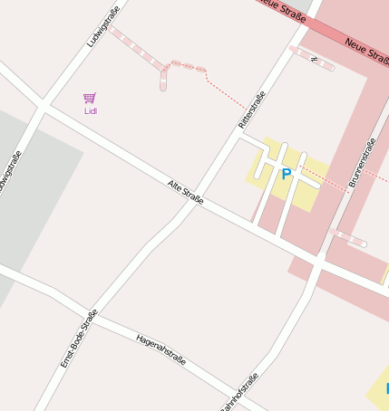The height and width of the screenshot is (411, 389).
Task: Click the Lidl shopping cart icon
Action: click(x=89, y=98)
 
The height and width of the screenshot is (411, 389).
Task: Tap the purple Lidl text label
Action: click(x=90, y=110)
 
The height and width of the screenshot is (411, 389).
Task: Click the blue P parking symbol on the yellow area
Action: click(x=287, y=174)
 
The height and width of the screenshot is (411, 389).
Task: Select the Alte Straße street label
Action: click(x=185, y=191)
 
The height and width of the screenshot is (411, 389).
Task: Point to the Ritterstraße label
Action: click(x=251, y=110)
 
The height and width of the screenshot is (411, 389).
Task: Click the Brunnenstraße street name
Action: click(x=361, y=163)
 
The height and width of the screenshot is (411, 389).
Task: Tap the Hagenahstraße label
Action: click(x=160, y=348)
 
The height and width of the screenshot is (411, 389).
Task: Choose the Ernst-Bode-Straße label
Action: click(x=78, y=339)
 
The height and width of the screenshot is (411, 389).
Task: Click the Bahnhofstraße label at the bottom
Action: click(x=238, y=391)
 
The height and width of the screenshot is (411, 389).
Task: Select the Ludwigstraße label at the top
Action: click(x=102, y=27)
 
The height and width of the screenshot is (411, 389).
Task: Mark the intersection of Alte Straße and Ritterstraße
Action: click(x=193, y=201)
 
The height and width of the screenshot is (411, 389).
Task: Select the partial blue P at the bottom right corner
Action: click(x=385, y=388)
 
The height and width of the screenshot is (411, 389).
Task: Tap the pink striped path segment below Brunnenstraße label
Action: click(x=348, y=237)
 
